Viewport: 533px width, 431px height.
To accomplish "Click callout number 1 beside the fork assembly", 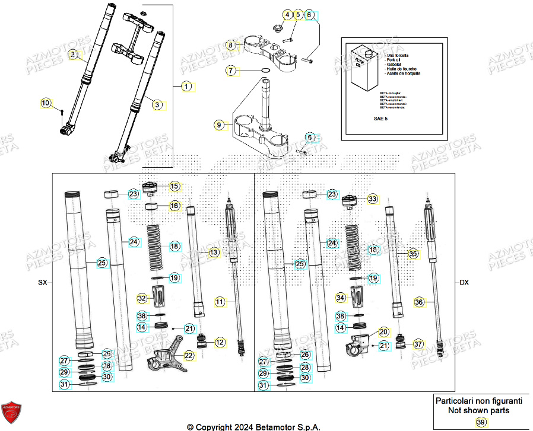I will (186, 87).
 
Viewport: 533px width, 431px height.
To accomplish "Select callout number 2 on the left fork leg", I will (73, 55).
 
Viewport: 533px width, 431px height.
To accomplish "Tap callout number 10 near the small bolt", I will (46, 103).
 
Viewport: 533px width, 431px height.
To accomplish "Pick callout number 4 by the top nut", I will (287, 15).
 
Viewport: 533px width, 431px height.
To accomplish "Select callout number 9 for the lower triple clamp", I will (220, 125).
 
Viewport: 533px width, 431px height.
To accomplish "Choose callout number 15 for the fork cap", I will (175, 186).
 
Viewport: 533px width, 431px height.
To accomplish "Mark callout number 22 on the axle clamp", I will (189, 356).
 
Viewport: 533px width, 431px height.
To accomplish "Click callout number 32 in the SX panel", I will (142, 298).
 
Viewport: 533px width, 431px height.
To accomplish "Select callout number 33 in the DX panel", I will (372, 199).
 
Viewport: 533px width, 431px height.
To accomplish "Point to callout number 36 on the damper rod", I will (419, 302).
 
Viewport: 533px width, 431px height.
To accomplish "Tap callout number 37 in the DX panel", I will (418, 344).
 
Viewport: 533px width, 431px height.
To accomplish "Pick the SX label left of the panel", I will (42, 283).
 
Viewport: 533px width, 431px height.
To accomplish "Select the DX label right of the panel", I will (464, 283).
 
